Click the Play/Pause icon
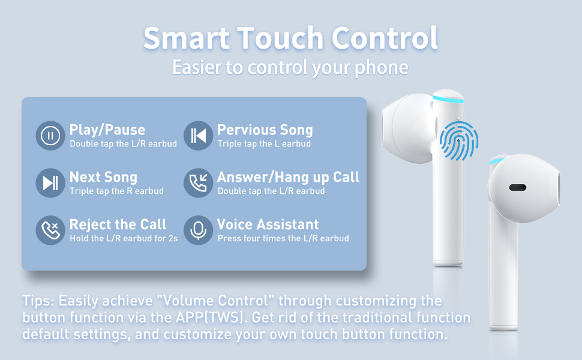point(50,136)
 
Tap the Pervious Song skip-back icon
point(198,136)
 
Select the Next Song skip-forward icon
point(50,182)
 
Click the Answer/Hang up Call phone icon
point(198,182)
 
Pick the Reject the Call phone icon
point(50,230)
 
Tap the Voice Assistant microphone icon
point(198,230)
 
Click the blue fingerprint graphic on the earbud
point(459,140)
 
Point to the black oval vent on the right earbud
point(517,187)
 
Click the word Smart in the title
point(187,38)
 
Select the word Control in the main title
point(385,38)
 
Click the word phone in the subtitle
point(382,68)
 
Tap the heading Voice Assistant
point(268,224)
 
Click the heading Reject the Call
point(118,224)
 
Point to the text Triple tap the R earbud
point(116,191)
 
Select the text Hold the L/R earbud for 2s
point(124,238)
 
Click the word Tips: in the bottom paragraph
point(38,301)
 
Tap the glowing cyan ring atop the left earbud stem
point(448,100)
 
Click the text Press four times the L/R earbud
point(283,238)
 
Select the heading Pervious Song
point(265,130)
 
